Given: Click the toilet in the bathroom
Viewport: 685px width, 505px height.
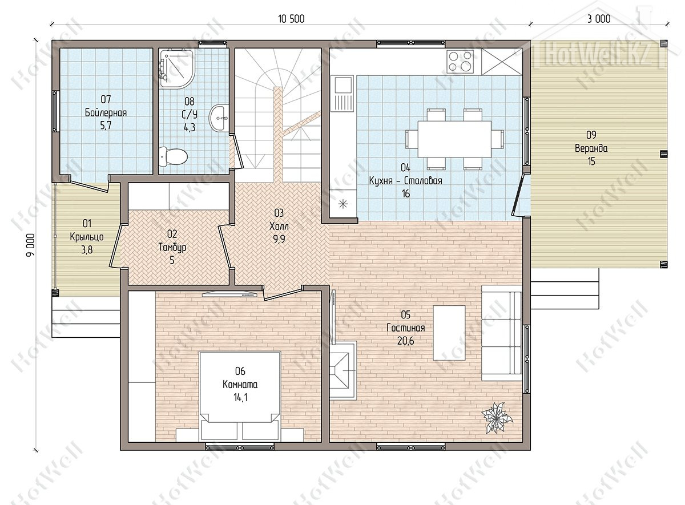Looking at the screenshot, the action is pyautogui.click(x=173, y=157).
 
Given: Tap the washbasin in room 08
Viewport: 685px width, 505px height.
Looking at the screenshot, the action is pyautogui.click(x=219, y=118).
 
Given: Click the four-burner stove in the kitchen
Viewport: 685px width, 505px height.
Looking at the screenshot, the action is pyautogui.click(x=460, y=62).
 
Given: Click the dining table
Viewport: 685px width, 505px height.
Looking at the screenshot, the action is pyautogui.click(x=454, y=139).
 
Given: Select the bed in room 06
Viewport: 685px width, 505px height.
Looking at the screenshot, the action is pyautogui.click(x=240, y=397).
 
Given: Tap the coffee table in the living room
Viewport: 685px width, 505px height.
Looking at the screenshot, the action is pyautogui.click(x=449, y=333).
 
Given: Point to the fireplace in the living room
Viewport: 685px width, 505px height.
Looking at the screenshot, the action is pyautogui.click(x=343, y=370).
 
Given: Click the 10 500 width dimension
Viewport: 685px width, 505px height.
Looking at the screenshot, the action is pyautogui.click(x=291, y=19).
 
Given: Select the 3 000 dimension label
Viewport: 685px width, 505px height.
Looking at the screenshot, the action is pyautogui.click(x=599, y=19).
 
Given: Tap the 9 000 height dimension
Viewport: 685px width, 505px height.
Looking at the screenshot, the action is pyautogui.click(x=31, y=245).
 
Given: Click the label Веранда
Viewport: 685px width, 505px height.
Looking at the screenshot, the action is pyautogui.click(x=591, y=148).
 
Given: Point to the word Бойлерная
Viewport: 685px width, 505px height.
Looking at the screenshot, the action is pyautogui.click(x=106, y=113).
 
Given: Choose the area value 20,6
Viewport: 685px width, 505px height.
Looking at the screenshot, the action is pyautogui.click(x=405, y=341).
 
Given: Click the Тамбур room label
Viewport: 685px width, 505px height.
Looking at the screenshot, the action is pyautogui.click(x=172, y=247).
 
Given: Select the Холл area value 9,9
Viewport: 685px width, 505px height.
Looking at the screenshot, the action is pyautogui.click(x=279, y=239).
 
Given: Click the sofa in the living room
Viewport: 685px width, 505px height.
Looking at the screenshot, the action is pyautogui.click(x=502, y=333).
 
